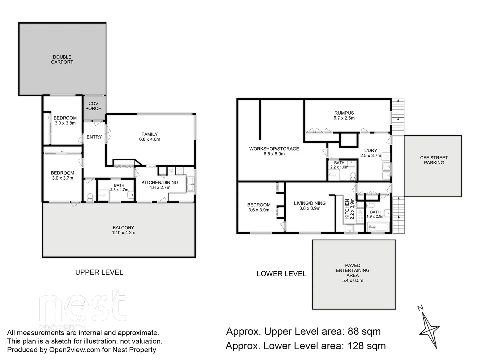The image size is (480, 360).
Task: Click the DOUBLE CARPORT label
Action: (62, 59)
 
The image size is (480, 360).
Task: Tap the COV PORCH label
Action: (93, 106)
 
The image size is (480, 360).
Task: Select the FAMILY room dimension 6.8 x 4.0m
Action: (150, 139)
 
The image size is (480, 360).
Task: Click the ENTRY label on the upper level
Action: (94, 137)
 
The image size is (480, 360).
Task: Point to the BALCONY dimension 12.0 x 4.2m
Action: (123, 233)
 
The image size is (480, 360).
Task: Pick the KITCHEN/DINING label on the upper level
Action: (160, 182)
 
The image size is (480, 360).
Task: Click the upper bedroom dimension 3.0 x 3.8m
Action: (65, 123)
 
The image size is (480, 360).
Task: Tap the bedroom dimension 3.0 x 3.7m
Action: (62, 178)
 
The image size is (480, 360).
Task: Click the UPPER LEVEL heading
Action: (99, 272)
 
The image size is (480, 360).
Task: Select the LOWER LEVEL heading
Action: (281, 274)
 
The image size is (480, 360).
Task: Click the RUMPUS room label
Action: (344, 113)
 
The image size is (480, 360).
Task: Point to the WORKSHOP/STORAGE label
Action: (274, 149)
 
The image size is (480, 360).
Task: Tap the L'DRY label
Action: (370, 150)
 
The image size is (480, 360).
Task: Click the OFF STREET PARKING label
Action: (434, 160)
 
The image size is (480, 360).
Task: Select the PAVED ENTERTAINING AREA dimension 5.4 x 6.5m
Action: (353, 280)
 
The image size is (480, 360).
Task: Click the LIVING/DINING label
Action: (310, 203)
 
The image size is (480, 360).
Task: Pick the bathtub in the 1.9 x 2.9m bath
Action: (378, 227)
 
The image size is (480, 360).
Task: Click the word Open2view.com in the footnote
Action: (70, 350)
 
